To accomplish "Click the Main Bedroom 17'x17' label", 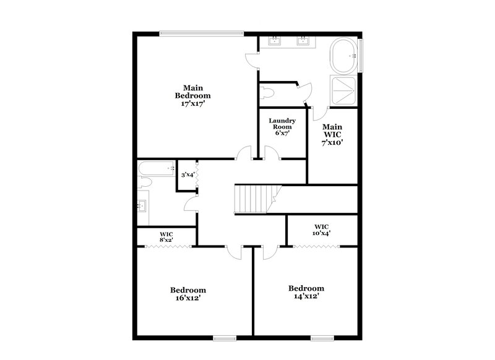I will [192, 96].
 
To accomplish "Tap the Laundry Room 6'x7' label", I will [282, 126].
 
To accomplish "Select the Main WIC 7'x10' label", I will [332, 134].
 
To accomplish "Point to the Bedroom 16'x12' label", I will [188, 294].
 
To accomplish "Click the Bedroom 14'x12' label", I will [306, 292].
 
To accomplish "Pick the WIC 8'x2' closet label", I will [166, 236].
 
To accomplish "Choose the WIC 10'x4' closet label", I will [321, 229].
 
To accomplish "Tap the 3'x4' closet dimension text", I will [187, 175].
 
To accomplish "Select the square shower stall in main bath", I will [345, 91].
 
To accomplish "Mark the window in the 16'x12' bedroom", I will [225, 338].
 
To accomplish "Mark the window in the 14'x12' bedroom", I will [322, 338].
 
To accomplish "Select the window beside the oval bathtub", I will [363, 56].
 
